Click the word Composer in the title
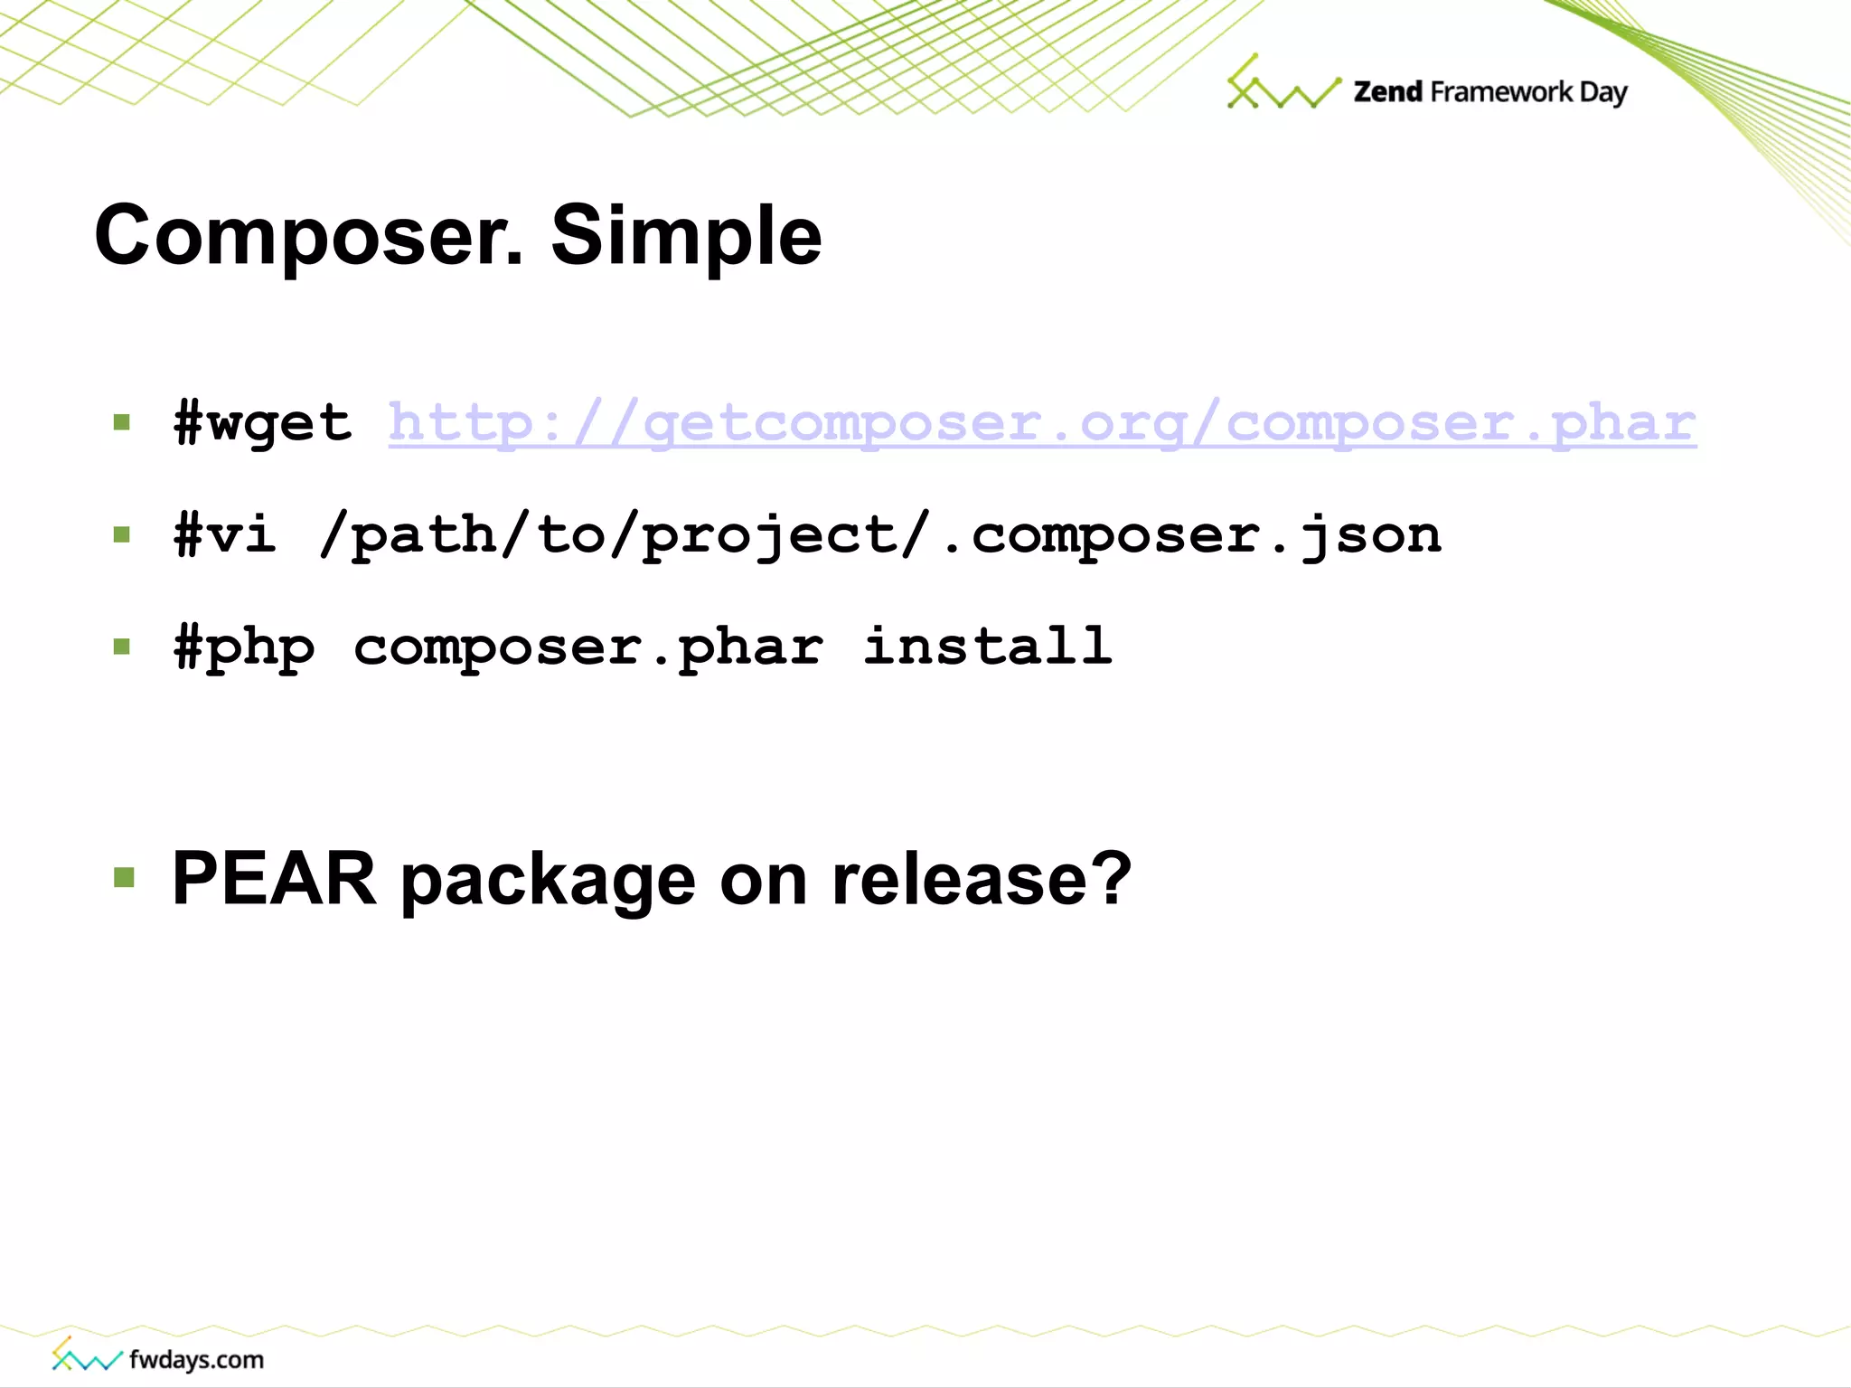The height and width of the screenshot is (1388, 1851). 307,235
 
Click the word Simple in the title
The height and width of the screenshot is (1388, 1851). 686,235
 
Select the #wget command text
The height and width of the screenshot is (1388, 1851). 262,423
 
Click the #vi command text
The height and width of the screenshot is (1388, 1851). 225,534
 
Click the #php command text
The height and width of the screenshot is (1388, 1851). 244,647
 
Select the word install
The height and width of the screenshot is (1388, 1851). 987,647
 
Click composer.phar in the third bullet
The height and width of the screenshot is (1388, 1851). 588,647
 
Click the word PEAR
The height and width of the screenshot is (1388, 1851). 274,878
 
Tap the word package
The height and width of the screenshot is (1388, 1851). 548,878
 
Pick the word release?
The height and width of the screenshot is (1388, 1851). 982,878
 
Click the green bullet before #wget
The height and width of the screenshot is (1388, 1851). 122,422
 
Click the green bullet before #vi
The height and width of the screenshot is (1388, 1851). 122,534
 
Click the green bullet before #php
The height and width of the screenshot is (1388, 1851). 122,647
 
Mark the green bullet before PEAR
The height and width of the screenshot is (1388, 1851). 124,877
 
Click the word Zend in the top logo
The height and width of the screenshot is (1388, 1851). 1387,92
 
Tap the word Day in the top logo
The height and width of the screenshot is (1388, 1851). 1602,92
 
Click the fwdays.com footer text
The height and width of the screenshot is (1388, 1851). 196,1359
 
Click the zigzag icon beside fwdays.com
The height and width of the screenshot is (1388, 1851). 85,1355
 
